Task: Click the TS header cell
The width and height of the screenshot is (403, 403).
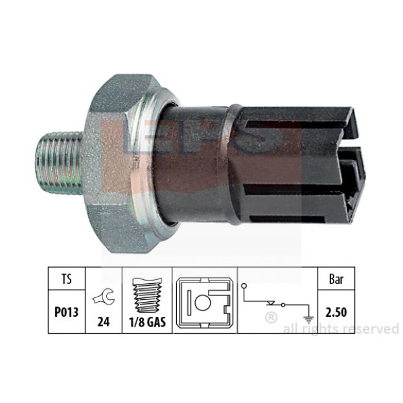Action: [x=67, y=279]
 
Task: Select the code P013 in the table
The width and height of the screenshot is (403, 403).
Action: [x=66, y=312]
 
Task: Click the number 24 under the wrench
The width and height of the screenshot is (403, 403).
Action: [x=103, y=321]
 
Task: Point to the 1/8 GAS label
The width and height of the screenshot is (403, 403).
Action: [x=147, y=322]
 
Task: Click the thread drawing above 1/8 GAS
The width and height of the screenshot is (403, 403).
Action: [x=147, y=296]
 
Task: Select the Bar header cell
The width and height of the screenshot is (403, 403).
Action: [x=336, y=279]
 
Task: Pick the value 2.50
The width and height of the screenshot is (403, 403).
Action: [x=336, y=312]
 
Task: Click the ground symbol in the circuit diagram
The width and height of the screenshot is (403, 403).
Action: [x=308, y=320]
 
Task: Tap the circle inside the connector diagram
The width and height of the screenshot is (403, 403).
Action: [x=203, y=303]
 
